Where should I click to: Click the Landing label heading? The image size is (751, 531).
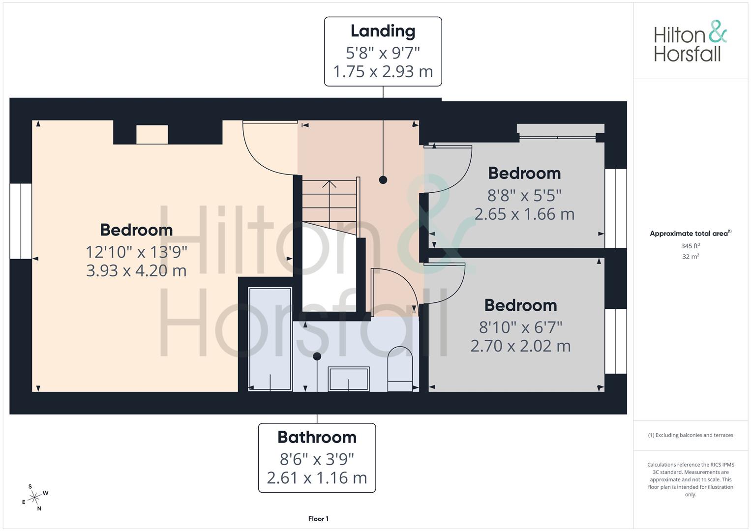pyautogui.click(x=383, y=31)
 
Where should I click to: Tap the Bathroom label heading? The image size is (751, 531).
pyautogui.click(x=317, y=437)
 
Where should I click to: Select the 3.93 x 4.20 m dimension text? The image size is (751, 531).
pyautogui.click(x=136, y=270)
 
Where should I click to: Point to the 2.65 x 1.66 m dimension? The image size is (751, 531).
pyautogui.click(x=524, y=214)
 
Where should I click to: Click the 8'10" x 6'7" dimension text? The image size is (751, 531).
pyautogui.click(x=521, y=327)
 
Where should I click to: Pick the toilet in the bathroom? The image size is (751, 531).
pyautogui.click(x=400, y=369)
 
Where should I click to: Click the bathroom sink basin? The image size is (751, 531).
pyautogui.click(x=349, y=379)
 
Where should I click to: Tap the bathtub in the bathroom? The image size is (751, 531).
pyautogui.click(x=270, y=339)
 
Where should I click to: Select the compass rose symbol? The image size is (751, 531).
pyautogui.click(x=34, y=498)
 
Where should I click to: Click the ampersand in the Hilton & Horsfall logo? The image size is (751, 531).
pyautogui.click(x=718, y=31)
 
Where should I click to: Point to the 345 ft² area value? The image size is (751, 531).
pyautogui.click(x=691, y=246)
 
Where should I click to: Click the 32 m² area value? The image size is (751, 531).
pyautogui.click(x=691, y=257)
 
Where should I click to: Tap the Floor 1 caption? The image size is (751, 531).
pyautogui.click(x=318, y=519)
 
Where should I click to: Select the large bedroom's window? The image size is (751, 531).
pyautogui.click(x=21, y=221)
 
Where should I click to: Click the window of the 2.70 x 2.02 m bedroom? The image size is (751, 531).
pyautogui.click(x=616, y=341)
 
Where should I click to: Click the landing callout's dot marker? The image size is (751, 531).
pyautogui.click(x=383, y=179)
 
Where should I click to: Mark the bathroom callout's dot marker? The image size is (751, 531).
pyautogui.click(x=317, y=356)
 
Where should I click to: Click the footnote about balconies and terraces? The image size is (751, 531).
pyautogui.click(x=691, y=435)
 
